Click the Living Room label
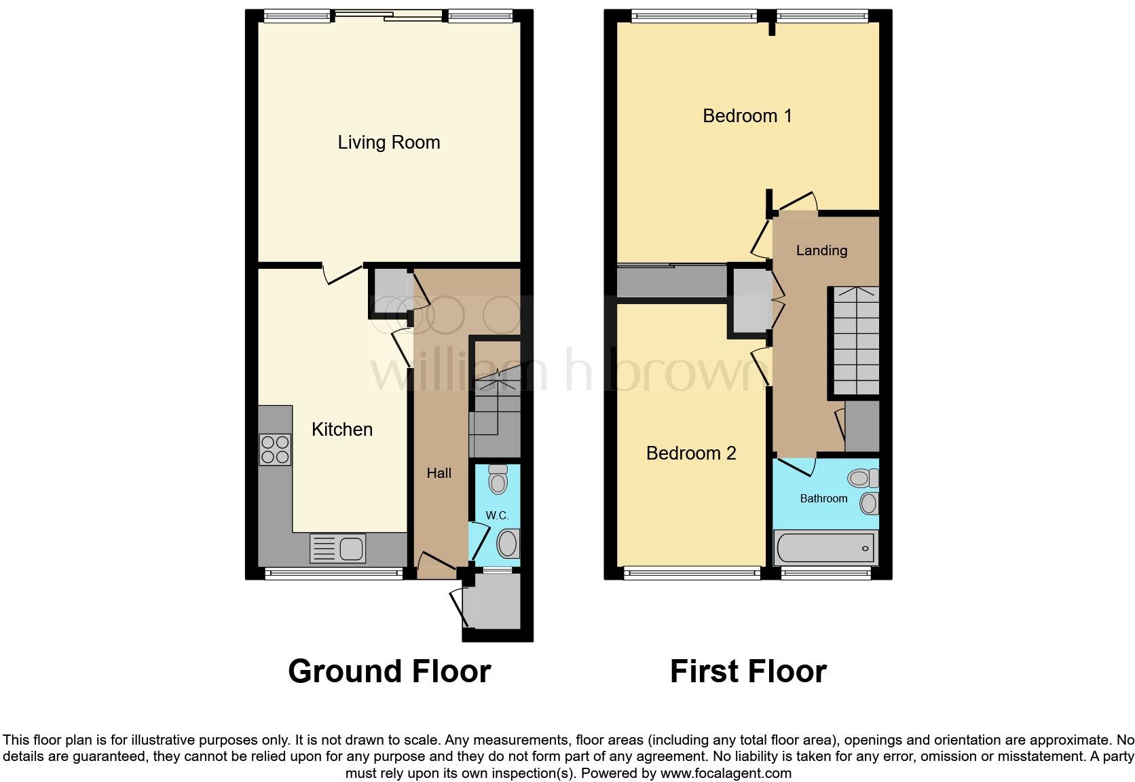[389, 143]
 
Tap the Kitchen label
[342, 430]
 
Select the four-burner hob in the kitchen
[275, 449]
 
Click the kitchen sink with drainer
[337, 548]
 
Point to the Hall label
[439, 473]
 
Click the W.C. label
[497, 516]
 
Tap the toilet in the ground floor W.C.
[498, 479]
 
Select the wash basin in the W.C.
[508, 544]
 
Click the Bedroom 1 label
[747, 116]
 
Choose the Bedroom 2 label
[691, 453]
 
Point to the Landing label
[821, 250]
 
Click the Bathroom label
[823, 498]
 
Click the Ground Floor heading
[389, 671]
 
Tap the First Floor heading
[748, 671]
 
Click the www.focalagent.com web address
[726, 772]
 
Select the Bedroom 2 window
[692, 574]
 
